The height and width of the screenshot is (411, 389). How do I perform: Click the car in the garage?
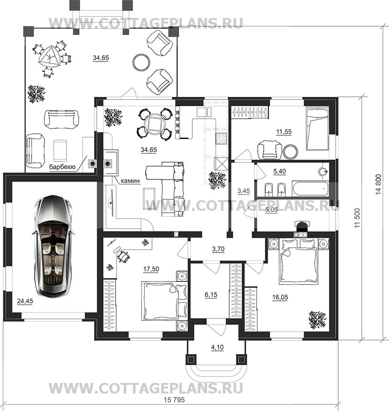pyautogui.click(x=53, y=246)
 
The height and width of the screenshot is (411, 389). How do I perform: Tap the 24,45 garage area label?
pyautogui.click(x=25, y=301)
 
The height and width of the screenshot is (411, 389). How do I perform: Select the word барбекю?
pyautogui.click(x=62, y=167)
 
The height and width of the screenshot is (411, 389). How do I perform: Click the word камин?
pyautogui.click(x=130, y=181)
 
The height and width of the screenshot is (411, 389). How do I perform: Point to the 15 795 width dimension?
pyautogui.click(x=174, y=400)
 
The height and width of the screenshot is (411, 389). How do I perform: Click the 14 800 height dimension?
pyautogui.click(x=378, y=184)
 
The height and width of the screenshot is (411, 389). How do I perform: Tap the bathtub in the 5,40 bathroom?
pyautogui.click(x=310, y=188)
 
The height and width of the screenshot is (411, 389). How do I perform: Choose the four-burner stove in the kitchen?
pyautogui.click(x=221, y=139)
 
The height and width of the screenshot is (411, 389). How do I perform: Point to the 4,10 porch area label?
pyautogui.click(x=217, y=348)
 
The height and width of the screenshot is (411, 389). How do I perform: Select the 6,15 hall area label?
pyautogui.click(x=211, y=295)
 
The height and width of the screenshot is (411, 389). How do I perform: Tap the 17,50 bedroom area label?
pyautogui.click(x=151, y=269)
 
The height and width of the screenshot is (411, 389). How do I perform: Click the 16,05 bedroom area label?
pyautogui.click(x=280, y=297)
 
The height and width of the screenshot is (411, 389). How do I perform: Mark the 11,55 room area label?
pyautogui.click(x=284, y=131)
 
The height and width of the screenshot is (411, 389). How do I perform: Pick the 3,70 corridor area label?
pyautogui.click(x=218, y=249)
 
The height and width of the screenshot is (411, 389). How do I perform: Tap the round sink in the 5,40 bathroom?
pyautogui.click(x=323, y=172)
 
